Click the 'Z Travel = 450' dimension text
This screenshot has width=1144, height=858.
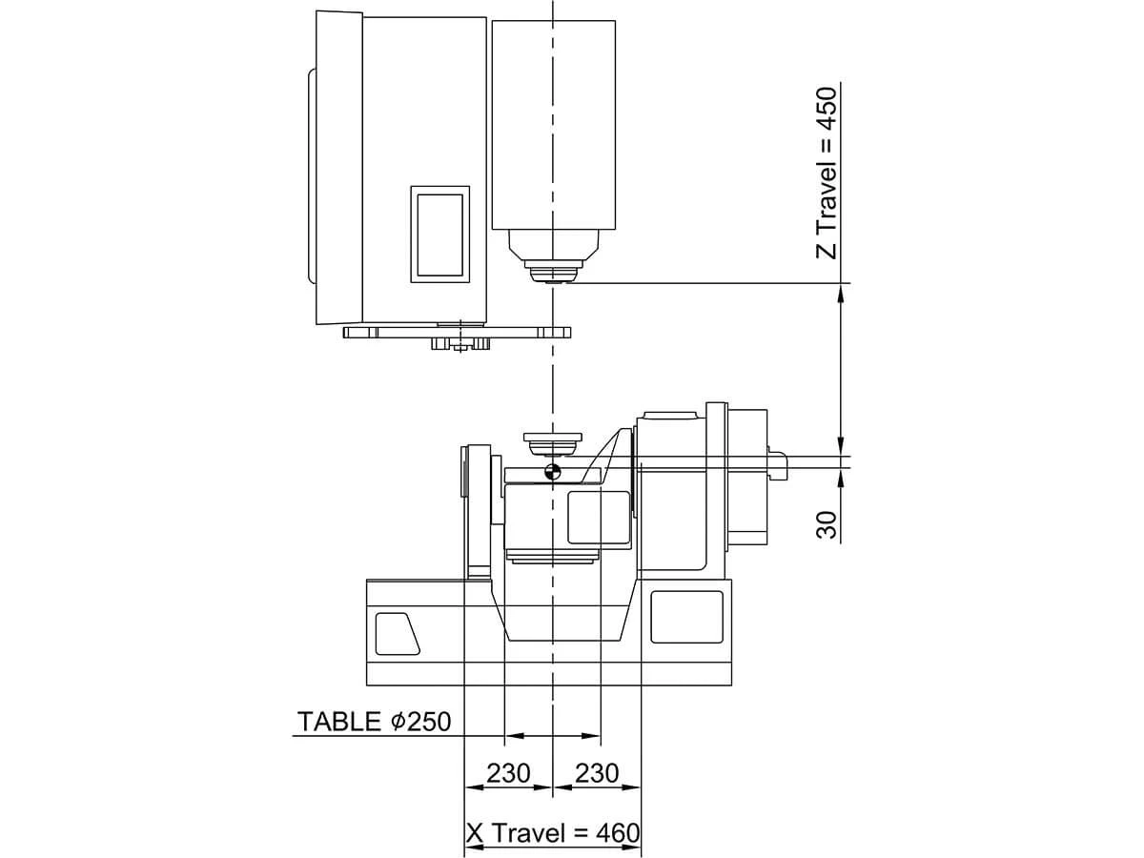[827, 174]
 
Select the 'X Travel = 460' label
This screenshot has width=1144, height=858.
[553, 833]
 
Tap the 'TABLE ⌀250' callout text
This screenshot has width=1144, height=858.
[374, 722]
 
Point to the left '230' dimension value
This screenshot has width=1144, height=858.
[508, 773]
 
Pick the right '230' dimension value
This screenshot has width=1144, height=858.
[597, 773]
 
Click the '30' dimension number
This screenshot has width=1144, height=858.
[827, 524]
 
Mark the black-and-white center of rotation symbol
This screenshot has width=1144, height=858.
[552, 472]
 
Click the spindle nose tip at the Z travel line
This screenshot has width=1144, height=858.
[552, 282]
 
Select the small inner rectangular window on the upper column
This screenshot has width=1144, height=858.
[439, 235]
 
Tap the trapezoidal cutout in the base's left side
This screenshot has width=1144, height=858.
[397, 633]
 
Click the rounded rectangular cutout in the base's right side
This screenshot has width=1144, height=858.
[687, 617]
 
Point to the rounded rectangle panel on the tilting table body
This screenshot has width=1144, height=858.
[599, 518]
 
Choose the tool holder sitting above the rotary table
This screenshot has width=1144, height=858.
[552, 444]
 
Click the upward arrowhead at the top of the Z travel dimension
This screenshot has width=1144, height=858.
[840, 293]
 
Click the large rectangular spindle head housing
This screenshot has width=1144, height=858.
[554, 125]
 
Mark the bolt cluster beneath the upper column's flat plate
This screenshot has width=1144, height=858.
[460, 344]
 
